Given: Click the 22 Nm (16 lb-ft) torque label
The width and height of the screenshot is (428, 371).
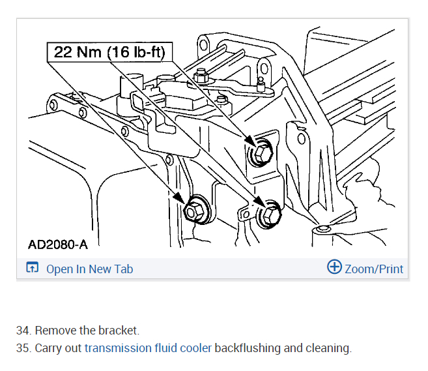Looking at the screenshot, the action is pos(109,52).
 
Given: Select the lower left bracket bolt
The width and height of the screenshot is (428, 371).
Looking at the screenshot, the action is pos(195,211).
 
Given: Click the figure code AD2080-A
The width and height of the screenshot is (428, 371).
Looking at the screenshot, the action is pos(57,245).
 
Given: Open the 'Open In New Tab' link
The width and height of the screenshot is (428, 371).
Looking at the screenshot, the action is pos(89,269).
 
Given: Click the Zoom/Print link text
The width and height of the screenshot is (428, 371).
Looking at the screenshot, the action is pos(374,269).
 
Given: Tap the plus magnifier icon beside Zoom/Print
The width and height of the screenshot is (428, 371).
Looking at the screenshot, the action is pos(334,267).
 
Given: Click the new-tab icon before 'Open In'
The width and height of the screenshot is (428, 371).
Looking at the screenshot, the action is pos(32,268).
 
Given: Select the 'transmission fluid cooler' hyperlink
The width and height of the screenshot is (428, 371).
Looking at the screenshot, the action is pos(148,348).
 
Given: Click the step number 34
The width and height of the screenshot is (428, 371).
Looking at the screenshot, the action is pos(23,330).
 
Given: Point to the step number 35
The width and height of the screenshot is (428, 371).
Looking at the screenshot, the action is pos(23,348).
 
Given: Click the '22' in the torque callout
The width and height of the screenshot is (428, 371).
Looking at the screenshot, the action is pos(63,52).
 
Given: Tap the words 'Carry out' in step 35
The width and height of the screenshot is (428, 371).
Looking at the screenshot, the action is pos(59,348).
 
